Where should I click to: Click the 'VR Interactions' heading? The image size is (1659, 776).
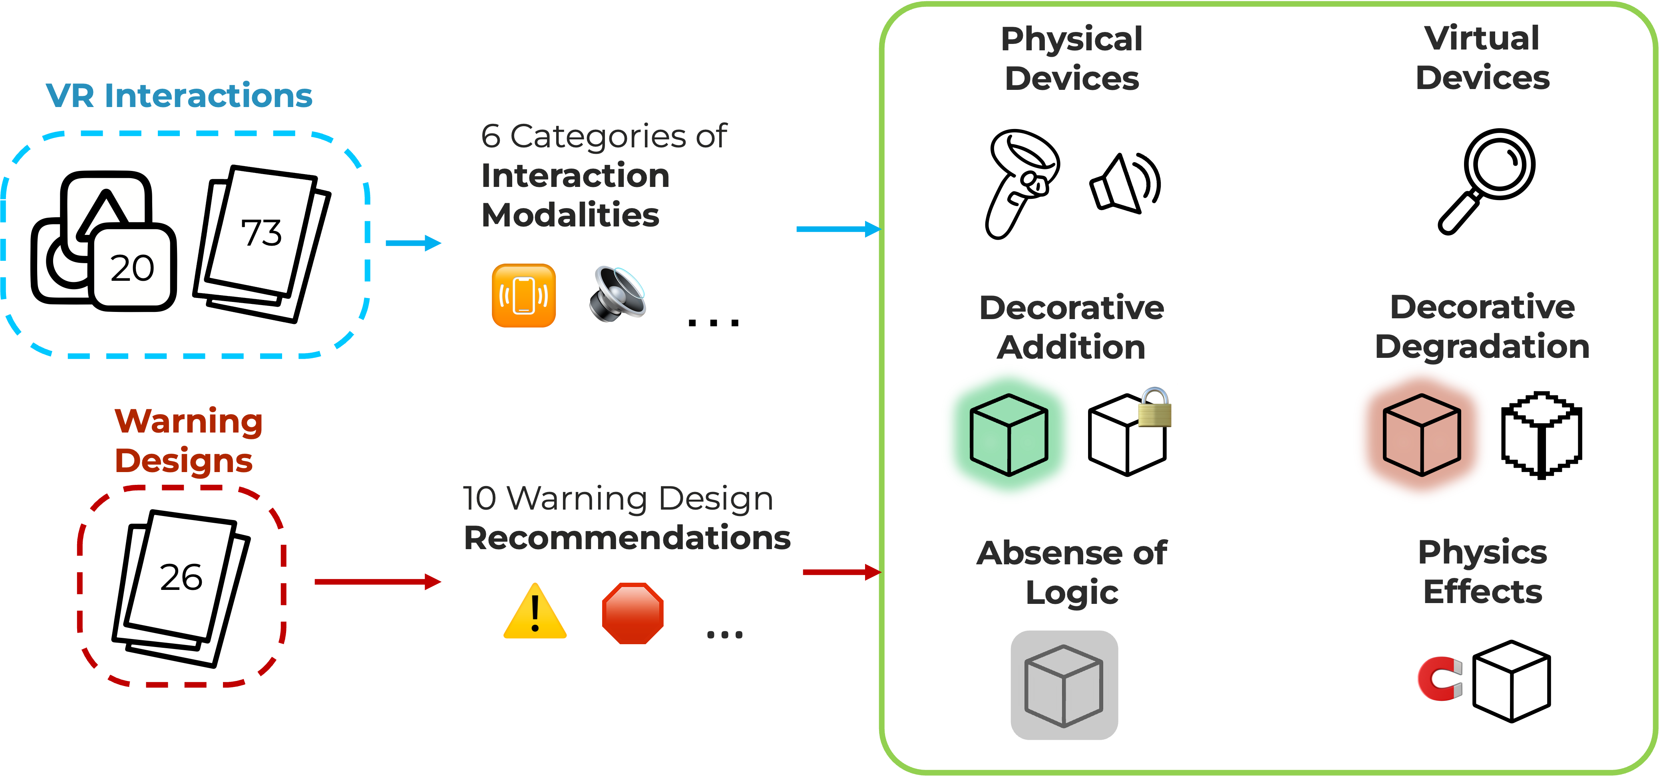(x=179, y=95)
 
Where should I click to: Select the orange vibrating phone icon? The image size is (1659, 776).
(x=523, y=296)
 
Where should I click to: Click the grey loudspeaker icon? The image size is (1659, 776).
(x=617, y=294)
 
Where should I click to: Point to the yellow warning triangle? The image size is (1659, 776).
(x=535, y=612)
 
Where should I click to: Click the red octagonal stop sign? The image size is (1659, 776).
(x=633, y=613)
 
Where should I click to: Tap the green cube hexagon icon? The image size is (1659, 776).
(x=1009, y=435)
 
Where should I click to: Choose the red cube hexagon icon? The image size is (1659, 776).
(x=1421, y=435)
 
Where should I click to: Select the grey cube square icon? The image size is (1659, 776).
(x=1064, y=685)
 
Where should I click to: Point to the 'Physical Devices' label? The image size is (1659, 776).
(x=1072, y=59)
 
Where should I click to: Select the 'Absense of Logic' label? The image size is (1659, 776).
(x=1072, y=572)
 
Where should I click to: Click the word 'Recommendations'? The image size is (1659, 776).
(x=627, y=538)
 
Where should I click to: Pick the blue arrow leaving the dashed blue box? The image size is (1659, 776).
(x=413, y=243)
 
